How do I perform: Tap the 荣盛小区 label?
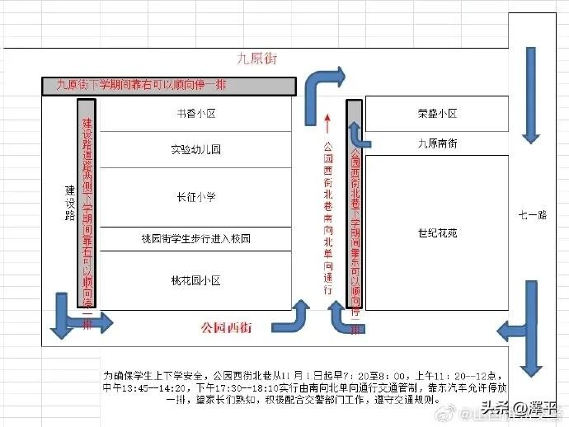(x=437, y=114)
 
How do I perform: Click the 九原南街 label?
(x=437, y=143)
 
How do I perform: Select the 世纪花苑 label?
(x=437, y=233)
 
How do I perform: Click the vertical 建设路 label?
(x=70, y=202)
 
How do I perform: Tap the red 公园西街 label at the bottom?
(x=227, y=327)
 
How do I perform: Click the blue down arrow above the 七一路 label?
(x=530, y=95)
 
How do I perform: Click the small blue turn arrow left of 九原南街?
(x=357, y=136)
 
